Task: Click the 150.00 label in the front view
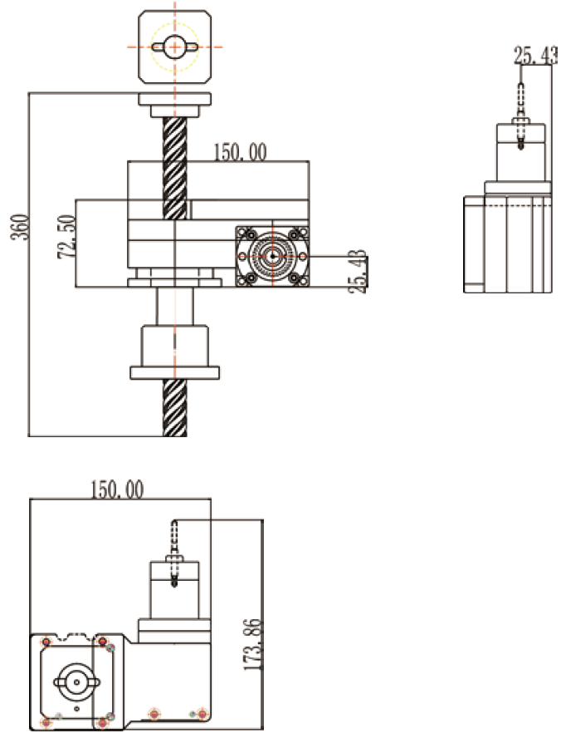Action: click(241, 152)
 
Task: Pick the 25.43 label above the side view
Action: click(534, 56)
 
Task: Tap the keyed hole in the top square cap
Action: click(173, 47)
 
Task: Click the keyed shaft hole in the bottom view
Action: click(76, 682)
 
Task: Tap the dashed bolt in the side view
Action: click(520, 116)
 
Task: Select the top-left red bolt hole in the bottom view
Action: click(46, 642)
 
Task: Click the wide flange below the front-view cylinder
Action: click(174, 371)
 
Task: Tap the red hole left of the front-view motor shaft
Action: click(241, 256)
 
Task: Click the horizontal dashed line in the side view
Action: click(506, 203)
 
